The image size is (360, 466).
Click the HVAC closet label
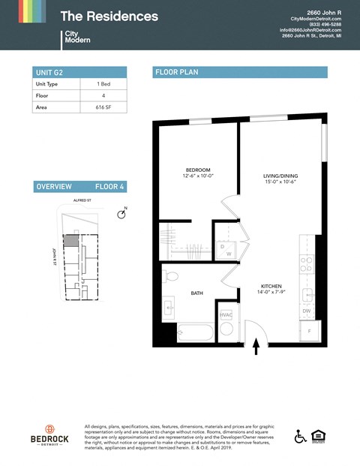point(226,314)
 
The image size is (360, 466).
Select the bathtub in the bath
point(194,332)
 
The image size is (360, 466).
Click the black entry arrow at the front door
point(256,347)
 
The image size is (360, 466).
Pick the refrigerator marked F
point(310,331)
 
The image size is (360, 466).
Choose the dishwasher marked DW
point(307,311)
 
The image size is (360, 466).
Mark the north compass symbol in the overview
point(121,215)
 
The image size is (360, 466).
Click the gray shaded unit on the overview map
point(69,241)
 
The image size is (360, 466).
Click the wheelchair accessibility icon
point(300,436)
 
